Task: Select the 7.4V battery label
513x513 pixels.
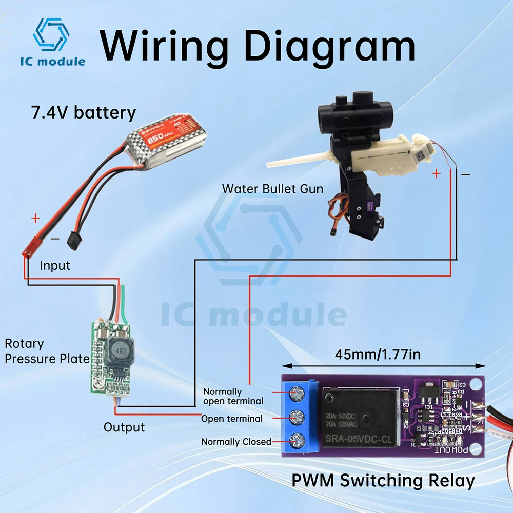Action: [84, 112]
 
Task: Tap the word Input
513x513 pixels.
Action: [55, 266]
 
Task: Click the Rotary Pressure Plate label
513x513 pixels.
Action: [47, 351]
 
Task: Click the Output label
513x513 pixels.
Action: [124, 427]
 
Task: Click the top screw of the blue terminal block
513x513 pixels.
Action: [297, 394]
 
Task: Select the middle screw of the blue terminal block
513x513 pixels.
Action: [297, 417]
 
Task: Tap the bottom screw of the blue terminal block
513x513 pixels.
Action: [297, 440]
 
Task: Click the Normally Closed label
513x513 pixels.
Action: [236, 442]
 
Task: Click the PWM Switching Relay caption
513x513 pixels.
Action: [383, 481]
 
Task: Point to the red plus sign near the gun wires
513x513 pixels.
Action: [436, 174]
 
